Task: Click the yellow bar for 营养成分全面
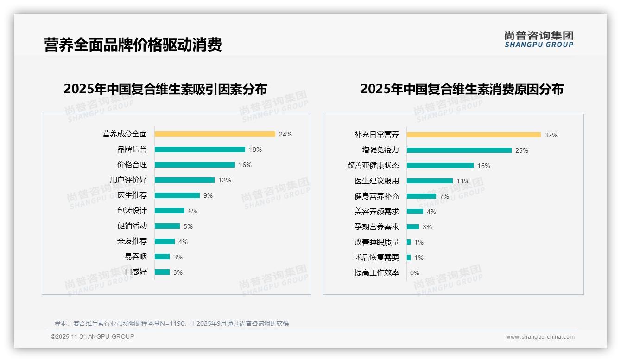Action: click(x=215, y=134)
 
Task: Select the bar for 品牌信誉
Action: click(x=200, y=149)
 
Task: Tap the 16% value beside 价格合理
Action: click(x=245, y=165)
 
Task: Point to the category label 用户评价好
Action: click(x=128, y=180)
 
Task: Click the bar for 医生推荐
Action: click(x=177, y=195)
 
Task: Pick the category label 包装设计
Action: click(x=132, y=211)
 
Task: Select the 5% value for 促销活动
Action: click(x=188, y=226)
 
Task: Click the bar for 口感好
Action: click(x=162, y=272)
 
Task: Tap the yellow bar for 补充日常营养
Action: click(x=474, y=135)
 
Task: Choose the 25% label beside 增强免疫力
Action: click(x=522, y=150)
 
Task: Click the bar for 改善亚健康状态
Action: click(x=440, y=166)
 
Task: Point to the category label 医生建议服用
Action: click(x=377, y=181)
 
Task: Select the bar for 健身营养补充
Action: click(x=421, y=196)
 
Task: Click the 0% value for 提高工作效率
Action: click(x=415, y=273)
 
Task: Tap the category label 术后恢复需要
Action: click(x=377, y=258)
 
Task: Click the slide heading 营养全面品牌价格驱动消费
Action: click(x=133, y=45)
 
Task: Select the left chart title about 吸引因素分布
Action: click(x=165, y=89)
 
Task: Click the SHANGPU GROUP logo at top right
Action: click(x=539, y=39)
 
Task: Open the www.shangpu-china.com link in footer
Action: click(x=540, y=337)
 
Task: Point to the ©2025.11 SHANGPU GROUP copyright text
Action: click(x=93, y=336)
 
